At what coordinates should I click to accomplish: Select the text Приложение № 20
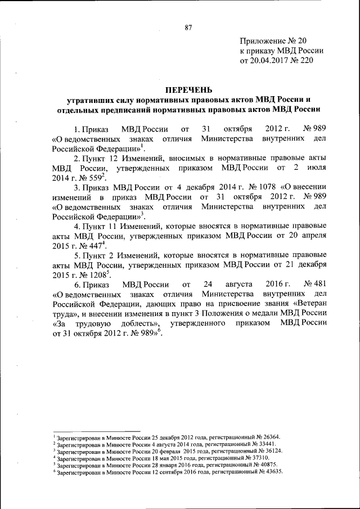273,40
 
